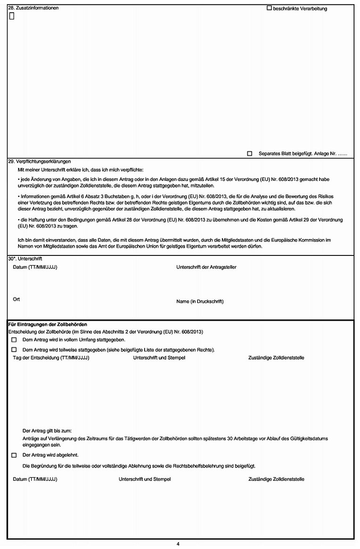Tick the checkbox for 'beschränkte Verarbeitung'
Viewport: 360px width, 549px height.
pos(269,8)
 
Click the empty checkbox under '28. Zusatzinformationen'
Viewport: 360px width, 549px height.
pos(12,16)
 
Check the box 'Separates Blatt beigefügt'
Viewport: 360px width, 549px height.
pos(250,154)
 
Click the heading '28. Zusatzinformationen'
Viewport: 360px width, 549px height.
pos(33,8)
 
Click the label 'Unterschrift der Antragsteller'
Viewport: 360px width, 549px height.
pos(206,267)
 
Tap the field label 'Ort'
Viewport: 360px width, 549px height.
pos(16,299)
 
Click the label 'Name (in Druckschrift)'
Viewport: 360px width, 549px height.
pos(200,302)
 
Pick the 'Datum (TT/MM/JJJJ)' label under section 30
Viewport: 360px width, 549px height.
pos(35,267)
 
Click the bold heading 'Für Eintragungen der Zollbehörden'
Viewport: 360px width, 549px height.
pos(48,325)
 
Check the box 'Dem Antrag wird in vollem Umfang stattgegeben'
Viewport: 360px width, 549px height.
pos(14,340)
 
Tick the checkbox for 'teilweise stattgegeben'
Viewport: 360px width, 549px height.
pos(14,350)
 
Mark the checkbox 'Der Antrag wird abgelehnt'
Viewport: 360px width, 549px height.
pos(14,455)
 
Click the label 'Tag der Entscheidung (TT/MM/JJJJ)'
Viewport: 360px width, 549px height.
pos(51,358)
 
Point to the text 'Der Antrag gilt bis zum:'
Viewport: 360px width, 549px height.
pos(47,430)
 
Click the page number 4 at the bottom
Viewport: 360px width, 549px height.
pos(178,544)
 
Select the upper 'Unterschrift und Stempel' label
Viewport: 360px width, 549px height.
pos(159,358)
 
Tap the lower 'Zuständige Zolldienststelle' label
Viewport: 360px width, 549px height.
pos(276,479)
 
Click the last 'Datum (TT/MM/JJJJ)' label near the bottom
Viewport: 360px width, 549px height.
pos(35,479)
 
